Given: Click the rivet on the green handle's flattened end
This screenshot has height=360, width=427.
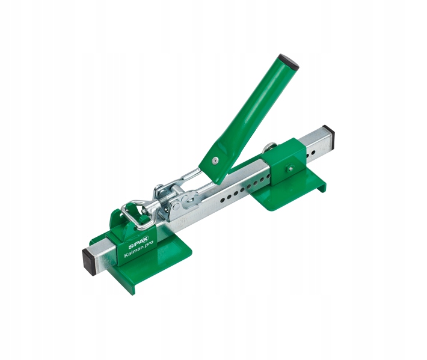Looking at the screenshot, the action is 215,160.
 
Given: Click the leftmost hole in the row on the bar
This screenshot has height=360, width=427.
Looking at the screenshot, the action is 223,200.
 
